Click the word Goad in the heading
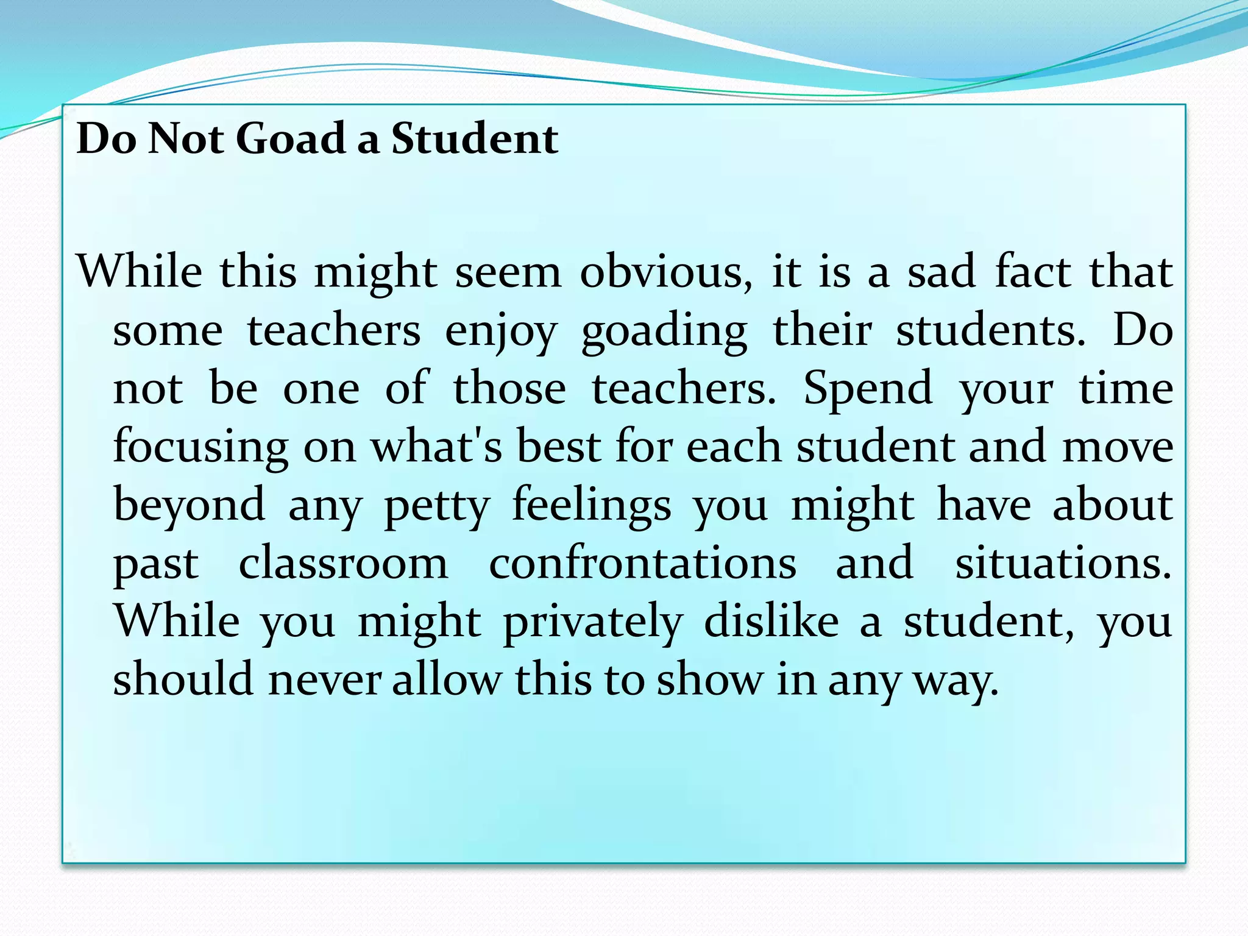point(291,138)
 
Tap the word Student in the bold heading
point(474,138)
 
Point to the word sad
point(941,272)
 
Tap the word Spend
point(868,389)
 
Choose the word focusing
point(200,447)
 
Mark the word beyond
point(190,506)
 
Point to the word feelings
point(591,506)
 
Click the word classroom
point(343,563)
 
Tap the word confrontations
point(642,563)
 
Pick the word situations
point(1063,563)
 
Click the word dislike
point(771,622)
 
